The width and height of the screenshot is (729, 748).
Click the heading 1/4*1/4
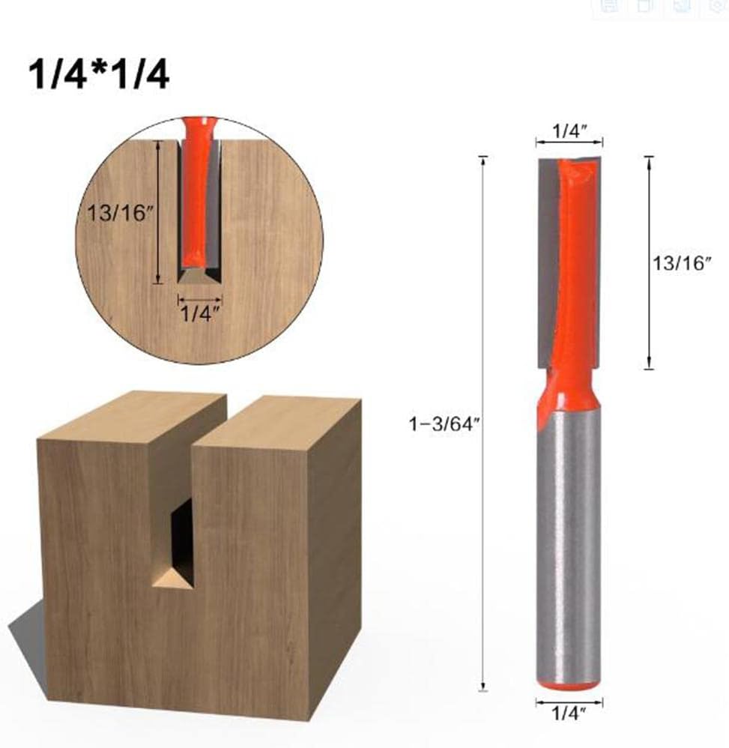pyautogui.click(x=99, y=75)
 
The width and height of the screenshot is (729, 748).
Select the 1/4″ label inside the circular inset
pyautogui.click(x=199, y=314)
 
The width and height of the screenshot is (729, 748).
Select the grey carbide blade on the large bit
pyautogui.click(x=548, y=262)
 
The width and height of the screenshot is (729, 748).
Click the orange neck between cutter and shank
pyautogui.click(x=569, y=390)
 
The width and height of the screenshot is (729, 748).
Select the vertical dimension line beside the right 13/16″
pyautogui.click(x=649, y=262)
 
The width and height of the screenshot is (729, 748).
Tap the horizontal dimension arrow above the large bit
pyautogui.click(x=569, y=142)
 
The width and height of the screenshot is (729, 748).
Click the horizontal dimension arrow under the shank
pyautogui.click(x=569, y=702)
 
